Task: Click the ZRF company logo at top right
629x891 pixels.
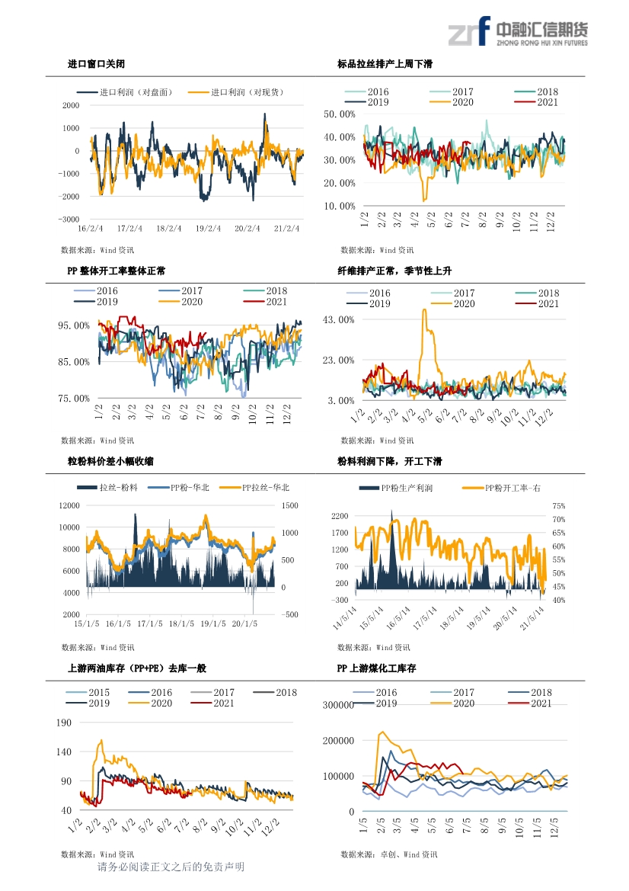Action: pyautogui.click(x=518, y=31)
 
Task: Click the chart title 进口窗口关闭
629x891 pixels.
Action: pyautogui.click(x=96, y=64)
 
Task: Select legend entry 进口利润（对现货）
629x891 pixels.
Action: pyautogui.click(x=236, y=92)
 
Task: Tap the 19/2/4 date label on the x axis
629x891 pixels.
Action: pyautogui.click(x=208, y=229)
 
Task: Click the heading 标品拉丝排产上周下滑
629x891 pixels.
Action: pyautogui.click(x=385, y=64)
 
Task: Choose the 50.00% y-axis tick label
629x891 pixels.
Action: pyautogui.click(x=340, y=114)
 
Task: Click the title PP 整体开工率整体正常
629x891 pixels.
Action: pyautogui.click(x=117, y=271)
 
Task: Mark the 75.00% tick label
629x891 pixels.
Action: pyautogui.click(x=74, y=399)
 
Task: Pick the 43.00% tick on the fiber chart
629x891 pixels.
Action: pyautogui.click(x=338, y=320)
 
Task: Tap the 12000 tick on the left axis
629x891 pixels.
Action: pyautogui.click(x=69, y=506)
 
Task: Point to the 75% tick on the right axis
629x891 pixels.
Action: pyautogui.click(x=559, y=506)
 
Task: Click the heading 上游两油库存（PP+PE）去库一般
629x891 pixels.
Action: pyautogui.click(x=137, y=668)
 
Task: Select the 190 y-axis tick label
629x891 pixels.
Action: pyautogui.click(x=64, y=723)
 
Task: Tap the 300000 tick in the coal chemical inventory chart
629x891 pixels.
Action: pyautogui.click(x=338, y=705)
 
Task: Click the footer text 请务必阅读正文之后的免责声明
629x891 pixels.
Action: pyautogui.click(x=171, y=867)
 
